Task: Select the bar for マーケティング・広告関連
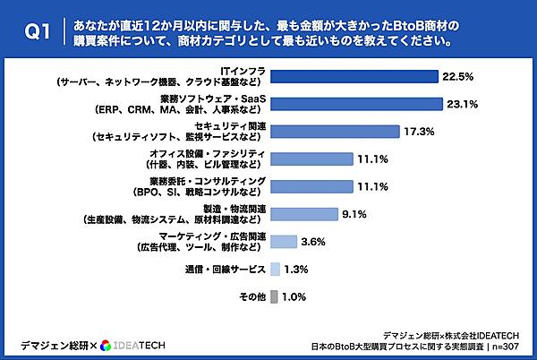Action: coord(283,241)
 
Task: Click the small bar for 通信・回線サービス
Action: coord(274,269)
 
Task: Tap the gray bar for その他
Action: coord(273,296)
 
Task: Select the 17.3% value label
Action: coord(420,132)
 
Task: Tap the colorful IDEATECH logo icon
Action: coord(107,346)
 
